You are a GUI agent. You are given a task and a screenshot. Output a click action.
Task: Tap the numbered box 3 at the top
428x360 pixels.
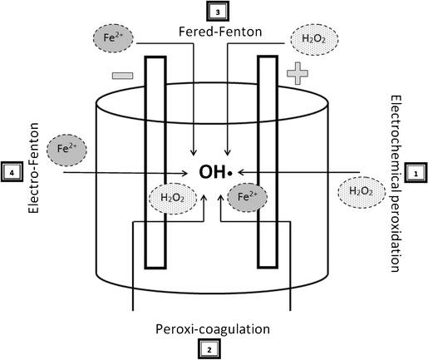tap(214, 12)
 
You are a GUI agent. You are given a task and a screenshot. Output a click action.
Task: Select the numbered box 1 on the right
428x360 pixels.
tap(414, 173)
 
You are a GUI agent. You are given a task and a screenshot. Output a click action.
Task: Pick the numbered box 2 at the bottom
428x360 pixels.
tap(214, 350)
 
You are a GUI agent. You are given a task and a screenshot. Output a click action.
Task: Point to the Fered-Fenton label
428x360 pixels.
tap(214, 32)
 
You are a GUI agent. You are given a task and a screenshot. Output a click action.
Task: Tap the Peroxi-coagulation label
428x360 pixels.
tap(213, 329)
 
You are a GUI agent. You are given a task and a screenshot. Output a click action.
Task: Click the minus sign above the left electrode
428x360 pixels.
tap(122, 76)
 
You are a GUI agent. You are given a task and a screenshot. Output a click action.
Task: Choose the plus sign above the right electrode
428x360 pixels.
tap(297, 74)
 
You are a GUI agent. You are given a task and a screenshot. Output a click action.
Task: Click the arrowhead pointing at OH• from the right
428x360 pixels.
tap(241, 173)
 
